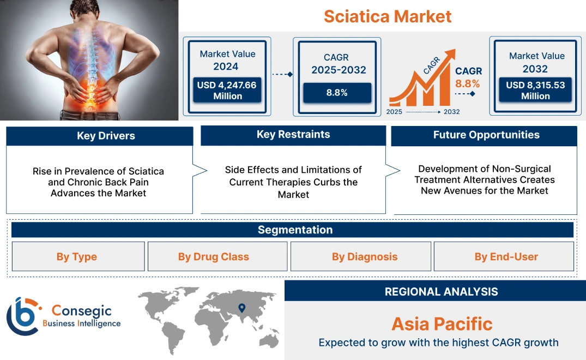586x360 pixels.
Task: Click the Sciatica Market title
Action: click(388, 16)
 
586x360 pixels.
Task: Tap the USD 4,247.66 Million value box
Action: click(227, 91)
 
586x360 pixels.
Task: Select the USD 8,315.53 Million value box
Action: click(535, 91)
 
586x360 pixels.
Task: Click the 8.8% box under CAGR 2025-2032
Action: click(337, 93)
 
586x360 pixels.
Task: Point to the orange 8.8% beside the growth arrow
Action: click(467, 83)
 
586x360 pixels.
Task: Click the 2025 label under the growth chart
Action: click(394, 112)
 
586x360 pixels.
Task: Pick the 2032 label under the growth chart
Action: click(451, 112)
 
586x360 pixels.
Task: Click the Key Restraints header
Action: click(293, 135)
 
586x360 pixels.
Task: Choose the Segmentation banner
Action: click(295, 230)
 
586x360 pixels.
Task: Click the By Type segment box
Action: click(77, 256)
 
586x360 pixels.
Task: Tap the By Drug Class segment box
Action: click(213, 256)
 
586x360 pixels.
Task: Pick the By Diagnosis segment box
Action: click(365, 256)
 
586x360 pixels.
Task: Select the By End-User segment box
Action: click(506, 256)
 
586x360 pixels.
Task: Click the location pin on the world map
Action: click(241, 308)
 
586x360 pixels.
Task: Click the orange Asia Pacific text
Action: click(442, 324)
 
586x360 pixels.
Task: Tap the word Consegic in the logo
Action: click(81, 311)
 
